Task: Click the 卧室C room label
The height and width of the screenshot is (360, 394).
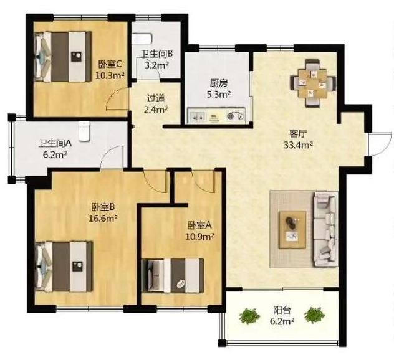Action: (x=110, y=65)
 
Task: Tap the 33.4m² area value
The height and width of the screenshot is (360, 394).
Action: (x=298, y=145)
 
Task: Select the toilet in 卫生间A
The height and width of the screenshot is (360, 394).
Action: (x=84, y=131)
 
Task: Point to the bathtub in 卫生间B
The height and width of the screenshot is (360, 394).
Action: (x=142, y=39)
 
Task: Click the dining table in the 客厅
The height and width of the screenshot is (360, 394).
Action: (x=312, y=83)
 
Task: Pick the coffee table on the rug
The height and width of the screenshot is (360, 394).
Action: (x=292, y=230)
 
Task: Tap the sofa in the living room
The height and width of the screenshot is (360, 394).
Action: (x=325, y=229)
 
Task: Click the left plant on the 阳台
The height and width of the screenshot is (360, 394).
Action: (x=249, y=316)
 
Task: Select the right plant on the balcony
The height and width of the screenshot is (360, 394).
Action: (x=314, y=315)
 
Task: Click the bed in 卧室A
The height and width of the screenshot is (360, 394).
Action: (x=173, y=276)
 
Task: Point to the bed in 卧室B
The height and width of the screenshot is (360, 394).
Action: (x=64, y=267)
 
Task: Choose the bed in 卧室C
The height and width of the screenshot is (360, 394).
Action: (x=63, y=57)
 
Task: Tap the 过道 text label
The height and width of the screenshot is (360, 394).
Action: (x=156, y=98)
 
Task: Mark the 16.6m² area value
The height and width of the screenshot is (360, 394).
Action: (x=103, y=218)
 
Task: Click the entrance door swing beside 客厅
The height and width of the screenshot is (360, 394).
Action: (x=380, y=144)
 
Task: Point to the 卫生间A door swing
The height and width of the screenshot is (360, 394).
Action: (x=112, y=157)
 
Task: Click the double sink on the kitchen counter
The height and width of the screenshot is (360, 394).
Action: (x=197, y=116)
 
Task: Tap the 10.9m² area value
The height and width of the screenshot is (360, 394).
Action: (x=199, y=236)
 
